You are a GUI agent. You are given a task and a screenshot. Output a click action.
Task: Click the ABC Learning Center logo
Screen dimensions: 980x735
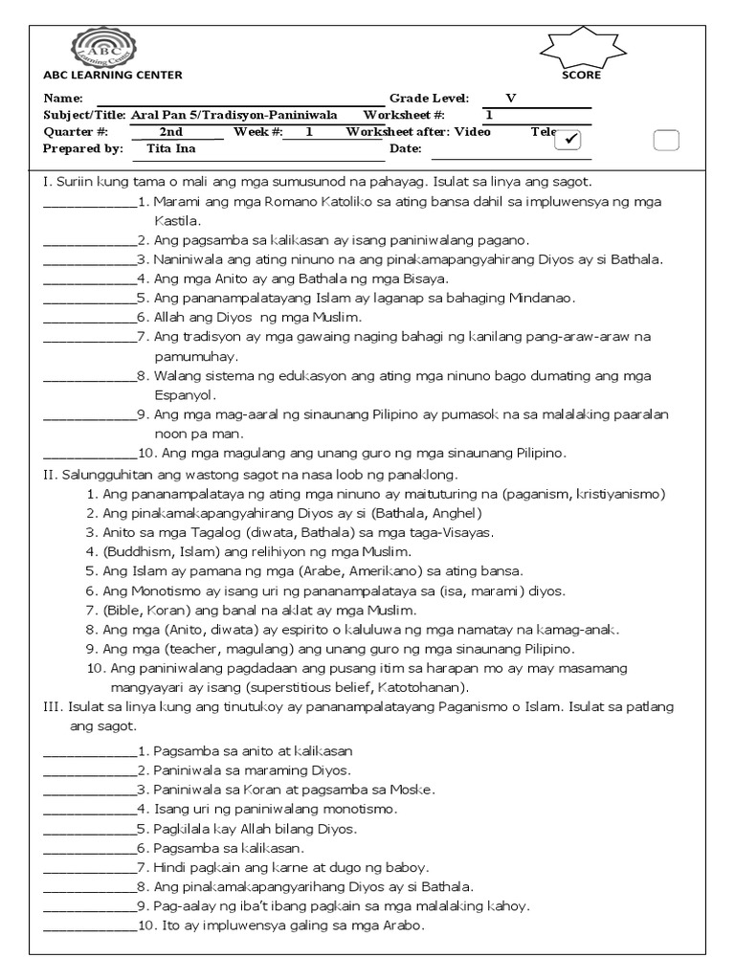click(x=104, y=48)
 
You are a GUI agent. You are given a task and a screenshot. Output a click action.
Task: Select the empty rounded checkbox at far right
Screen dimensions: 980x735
click(x=666, y=140)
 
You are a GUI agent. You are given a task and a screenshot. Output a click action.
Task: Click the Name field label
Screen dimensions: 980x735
click(x=64, y=99)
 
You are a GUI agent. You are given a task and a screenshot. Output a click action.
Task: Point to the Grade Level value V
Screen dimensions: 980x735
click(x=510, y=99)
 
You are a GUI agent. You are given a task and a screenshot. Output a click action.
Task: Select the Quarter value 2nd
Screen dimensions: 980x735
click(x=171, y=132)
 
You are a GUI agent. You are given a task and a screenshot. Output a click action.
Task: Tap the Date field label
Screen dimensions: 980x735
click(x=405, y=148)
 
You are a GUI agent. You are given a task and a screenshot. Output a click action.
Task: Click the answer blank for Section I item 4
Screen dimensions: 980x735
click(x=90, y=278)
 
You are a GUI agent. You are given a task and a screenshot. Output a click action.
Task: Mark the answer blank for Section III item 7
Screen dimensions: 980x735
click(x=90, y=867)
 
